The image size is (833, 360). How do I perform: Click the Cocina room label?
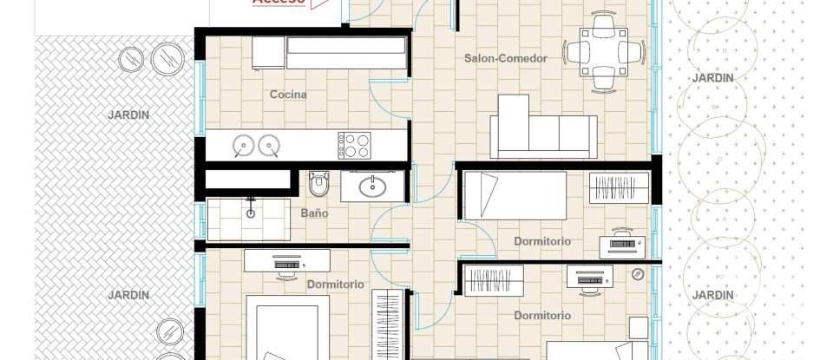coord(288,95)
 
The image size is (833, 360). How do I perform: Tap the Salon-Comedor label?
coord(505,59)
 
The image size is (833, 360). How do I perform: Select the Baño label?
coord(314,213)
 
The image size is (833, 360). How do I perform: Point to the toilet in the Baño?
coord(319,185)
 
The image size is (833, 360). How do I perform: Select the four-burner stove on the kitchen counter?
coord(354,145)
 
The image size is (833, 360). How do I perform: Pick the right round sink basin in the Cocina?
coord(269,144)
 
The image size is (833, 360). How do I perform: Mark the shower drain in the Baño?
coord(251,212)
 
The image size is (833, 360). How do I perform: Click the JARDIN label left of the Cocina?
coord(128,115)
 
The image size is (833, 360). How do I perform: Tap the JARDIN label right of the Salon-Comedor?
coord(712,78)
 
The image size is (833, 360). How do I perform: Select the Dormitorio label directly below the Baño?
coord(335,284)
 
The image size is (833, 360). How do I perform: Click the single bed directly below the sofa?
coord(515,195)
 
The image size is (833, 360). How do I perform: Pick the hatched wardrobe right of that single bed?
coord(619,188)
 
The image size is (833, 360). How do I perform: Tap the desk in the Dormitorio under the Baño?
coord(286,260)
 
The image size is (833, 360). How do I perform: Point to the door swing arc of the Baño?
coord(389,227)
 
